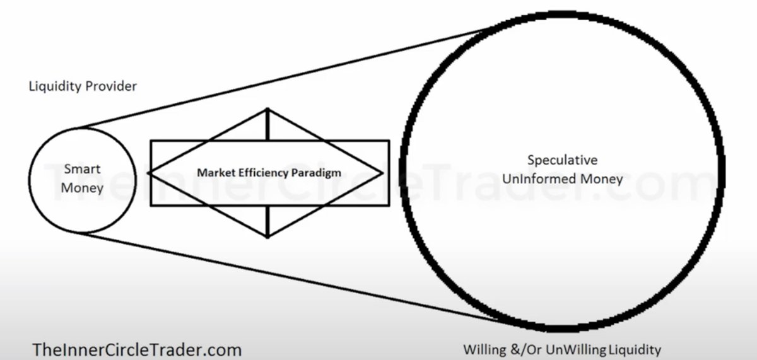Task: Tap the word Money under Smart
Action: [x=83, y=187]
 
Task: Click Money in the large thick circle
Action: [x=598, y=178]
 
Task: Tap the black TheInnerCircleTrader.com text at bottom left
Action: [x=137, y=349]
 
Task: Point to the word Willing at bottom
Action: [x=482, y=349]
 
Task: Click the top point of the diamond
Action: [x=268, y=109]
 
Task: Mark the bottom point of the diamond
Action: [x=268, y=237]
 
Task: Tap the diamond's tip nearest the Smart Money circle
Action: [x=148, y=171]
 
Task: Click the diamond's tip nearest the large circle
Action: [x=382, y=171]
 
